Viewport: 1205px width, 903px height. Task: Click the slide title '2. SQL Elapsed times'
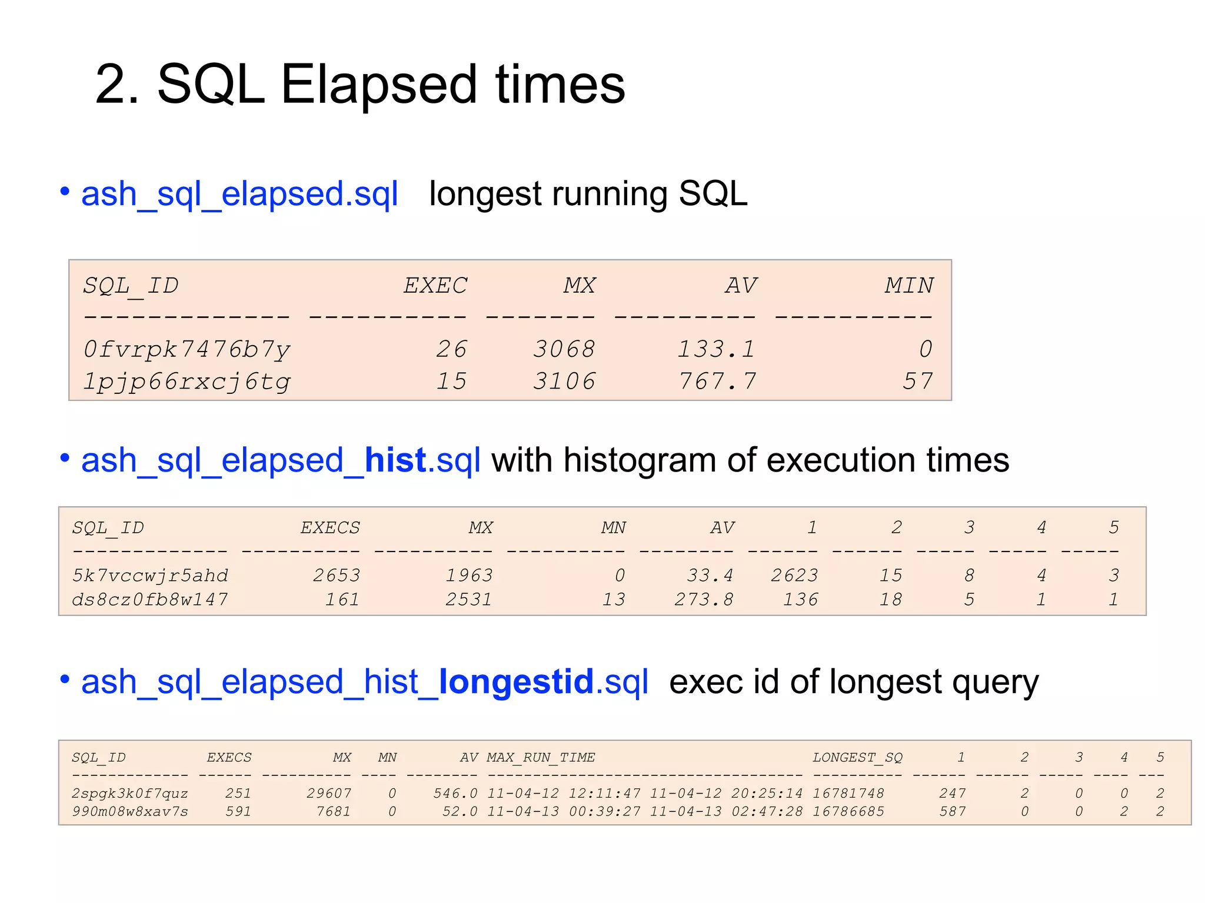pos(359,85)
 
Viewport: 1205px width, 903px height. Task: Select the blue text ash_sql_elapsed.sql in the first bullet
pos(239,194)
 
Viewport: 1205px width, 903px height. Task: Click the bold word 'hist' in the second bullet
pos(395,460)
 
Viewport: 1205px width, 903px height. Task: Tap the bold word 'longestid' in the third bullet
pos(516,682)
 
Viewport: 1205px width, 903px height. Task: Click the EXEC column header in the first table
pos(435,286)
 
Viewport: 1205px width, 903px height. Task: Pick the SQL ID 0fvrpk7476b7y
pos(187,349)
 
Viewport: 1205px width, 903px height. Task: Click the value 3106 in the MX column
pos(564,382)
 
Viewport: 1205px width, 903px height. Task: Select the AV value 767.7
pos(717,382)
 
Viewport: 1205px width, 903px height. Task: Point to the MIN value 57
pos(917,382)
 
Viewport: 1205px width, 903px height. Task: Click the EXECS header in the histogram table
pos(330,528)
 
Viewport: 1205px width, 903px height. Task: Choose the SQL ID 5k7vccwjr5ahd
pos(150,576)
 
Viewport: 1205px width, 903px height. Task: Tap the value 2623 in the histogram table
pos(794,576)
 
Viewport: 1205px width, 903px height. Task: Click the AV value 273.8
pos(704,600)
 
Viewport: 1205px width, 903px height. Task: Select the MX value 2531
pos(468,600)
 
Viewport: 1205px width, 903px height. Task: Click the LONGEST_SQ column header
pos(857,758)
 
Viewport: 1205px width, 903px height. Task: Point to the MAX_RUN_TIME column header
pos(541,758)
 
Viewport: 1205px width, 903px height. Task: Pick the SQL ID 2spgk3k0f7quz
pos(129,794)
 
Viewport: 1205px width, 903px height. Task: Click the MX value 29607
pos(328,794)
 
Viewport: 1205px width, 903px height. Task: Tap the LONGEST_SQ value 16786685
pos(848,812)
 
